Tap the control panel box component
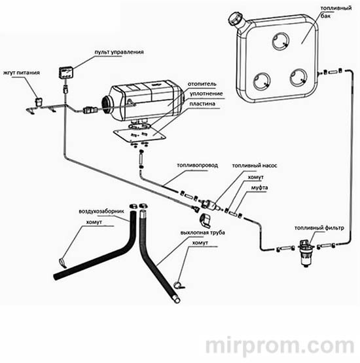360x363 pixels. [x=66, y=73]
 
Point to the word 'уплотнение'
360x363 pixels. [x=206, y=94]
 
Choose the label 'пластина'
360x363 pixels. [x=202, y=104]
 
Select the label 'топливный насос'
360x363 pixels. [x=255, y=166]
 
